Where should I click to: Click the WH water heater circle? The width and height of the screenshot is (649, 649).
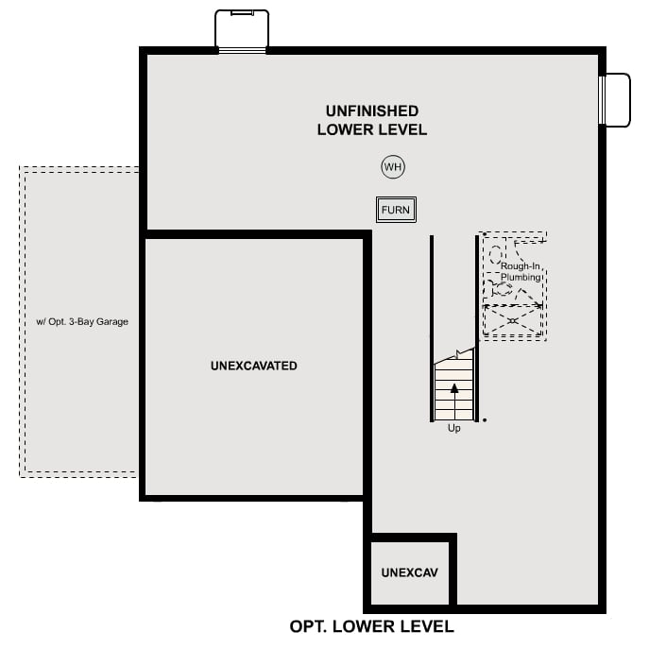[x=393, y=167]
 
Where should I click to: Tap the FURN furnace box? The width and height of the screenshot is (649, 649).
[x=396, y=210]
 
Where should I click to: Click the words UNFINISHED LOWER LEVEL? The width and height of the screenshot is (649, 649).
[x=371, y=120]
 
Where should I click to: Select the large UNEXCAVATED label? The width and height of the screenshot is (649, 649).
[x=254, y=366]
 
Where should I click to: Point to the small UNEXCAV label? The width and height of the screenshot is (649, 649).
[x=409, y=572]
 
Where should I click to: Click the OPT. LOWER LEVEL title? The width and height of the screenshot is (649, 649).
[x=371, y=626]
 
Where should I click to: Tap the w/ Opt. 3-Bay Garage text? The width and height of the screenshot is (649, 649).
[x=82, y=321]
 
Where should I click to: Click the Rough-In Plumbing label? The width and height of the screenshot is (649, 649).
[x=521, y=272]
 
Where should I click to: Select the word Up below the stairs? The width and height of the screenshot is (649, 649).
[x=453, y=429]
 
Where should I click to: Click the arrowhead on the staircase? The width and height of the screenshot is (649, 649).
[x=454, y=386]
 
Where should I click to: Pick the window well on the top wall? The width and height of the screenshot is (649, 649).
[x=242, y=30]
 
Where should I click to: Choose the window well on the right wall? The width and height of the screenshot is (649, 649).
[x=615, y=99]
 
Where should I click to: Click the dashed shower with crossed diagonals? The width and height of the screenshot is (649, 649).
[x=513, y=321]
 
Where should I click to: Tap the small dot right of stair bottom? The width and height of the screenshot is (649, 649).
[x=485, y=419]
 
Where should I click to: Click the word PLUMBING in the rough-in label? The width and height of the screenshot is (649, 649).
[x=521, y=278]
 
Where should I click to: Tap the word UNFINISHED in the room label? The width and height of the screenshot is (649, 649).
[x=371, y=111]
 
